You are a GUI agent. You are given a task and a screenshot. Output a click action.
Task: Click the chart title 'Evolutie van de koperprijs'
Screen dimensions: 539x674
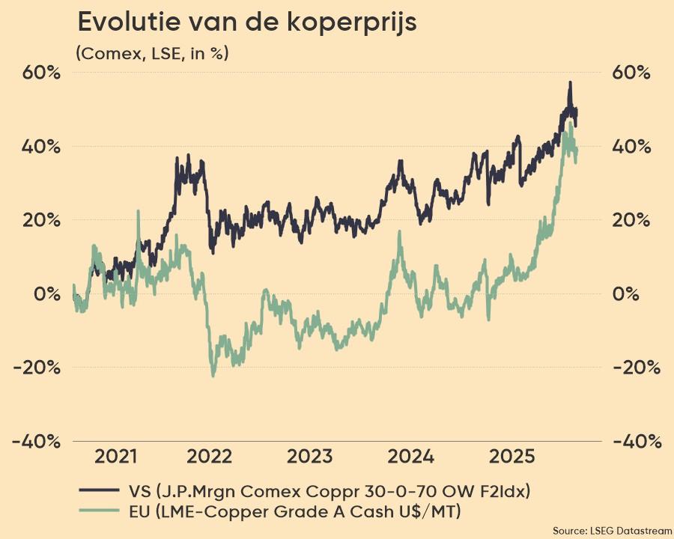(x=247, y=22)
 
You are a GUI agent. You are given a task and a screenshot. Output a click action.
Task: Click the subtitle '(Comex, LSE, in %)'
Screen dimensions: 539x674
(x=152, y=53)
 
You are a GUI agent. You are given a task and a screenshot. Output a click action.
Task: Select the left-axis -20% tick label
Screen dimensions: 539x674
(x=36, y=368)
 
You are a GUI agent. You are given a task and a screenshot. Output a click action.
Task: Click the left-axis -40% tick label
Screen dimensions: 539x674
(x=36, y=442)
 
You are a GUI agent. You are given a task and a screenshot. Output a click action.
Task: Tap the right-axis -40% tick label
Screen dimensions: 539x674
(x=637, y=442)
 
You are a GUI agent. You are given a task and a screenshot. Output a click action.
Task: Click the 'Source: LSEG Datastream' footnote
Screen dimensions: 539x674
(x=612, y=529)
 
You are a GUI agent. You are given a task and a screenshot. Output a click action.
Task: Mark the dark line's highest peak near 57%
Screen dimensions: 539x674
(x=570, y=82)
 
